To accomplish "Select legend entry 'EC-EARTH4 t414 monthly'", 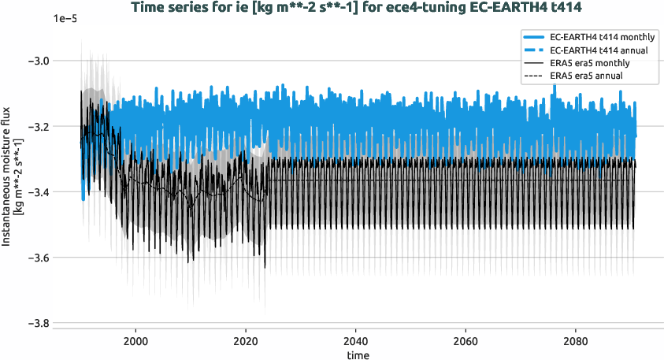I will pos(603,37).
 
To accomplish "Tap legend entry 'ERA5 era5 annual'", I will pos(588,76).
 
